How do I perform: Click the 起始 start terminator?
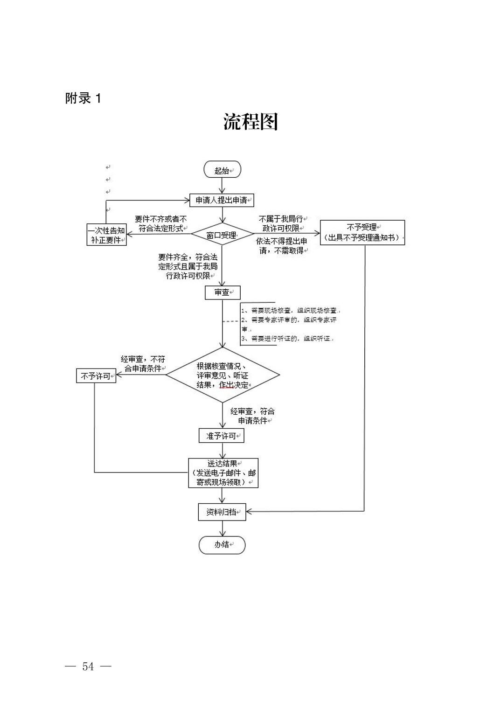coord(223,170)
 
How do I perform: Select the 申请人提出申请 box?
coord(222,201)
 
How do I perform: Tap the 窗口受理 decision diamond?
coord(222,236)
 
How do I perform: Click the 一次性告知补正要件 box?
coord(107,235)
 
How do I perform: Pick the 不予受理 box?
coord(362,232)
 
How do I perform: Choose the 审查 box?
coord(222,292)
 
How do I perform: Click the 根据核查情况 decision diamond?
coord(223,375)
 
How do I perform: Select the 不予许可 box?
coord(96,376)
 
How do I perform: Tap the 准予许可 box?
coord(222,436)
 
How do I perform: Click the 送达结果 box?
coord(223,473)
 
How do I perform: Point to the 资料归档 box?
coord(222,512)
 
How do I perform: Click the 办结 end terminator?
coord(222,545)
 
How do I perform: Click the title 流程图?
coord(250,122)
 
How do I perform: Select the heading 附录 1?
coord(83,98)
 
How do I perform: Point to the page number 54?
coord(88,667)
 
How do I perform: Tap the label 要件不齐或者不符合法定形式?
coord(161,224)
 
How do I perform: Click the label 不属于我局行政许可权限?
coord(280,223)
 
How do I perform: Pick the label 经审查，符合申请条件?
coord(252,416)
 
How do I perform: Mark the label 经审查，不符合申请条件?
coord(143,364)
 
